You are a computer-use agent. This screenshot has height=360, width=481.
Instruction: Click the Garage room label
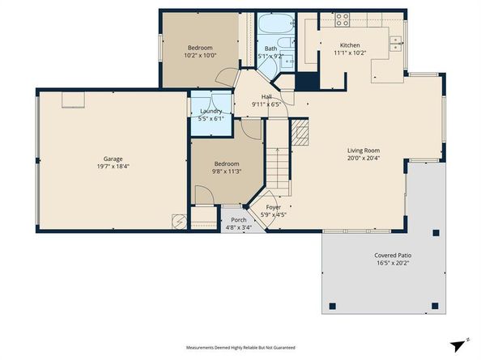click(113, 159)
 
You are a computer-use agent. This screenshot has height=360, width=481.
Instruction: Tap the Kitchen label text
click(350, 45)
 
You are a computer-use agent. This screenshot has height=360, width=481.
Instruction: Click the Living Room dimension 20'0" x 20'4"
click(364, 159)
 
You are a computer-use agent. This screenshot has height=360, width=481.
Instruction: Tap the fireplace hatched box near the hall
click(300, 133)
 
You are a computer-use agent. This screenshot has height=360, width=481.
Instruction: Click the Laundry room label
click(211, 111)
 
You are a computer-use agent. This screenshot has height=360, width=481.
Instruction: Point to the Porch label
click(238, 220)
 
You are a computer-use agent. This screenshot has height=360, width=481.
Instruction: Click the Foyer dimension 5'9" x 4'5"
click(274, 215)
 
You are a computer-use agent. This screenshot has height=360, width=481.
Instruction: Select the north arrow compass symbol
click(462, 343)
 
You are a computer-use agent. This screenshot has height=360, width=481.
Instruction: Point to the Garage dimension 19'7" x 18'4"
click(113, 167)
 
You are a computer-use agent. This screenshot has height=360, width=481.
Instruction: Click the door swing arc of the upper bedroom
click(228, 79)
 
